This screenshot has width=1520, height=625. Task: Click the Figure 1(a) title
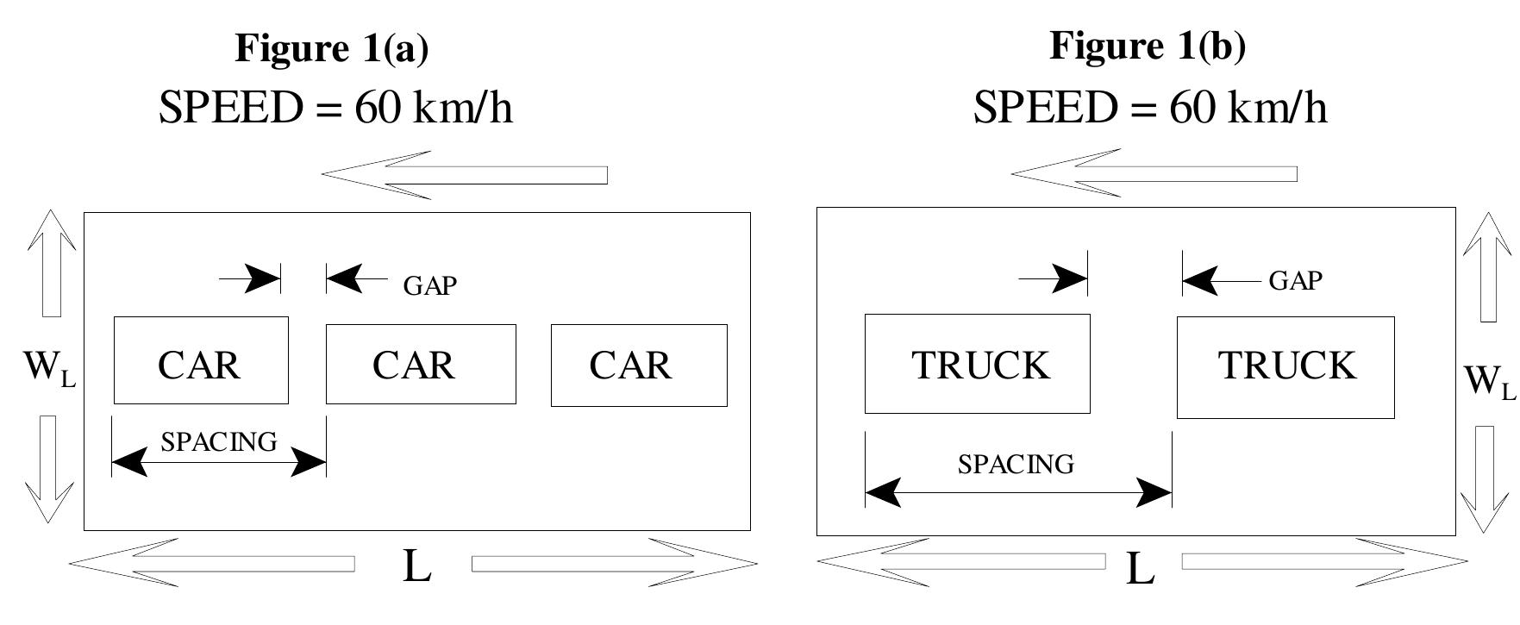pos(331,48)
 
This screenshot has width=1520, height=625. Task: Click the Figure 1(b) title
pos(1147,45)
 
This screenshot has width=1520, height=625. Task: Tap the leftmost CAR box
pos(201,360)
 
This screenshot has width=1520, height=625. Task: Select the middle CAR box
pos(421,364)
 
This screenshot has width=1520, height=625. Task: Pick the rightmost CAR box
pos(639,365)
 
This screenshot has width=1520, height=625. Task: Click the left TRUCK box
pos(978,364)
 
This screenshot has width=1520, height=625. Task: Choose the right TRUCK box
pos(1285,367)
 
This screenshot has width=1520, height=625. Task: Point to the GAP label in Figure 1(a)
pos(429,286)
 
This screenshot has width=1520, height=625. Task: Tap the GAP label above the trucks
pos(1295,281)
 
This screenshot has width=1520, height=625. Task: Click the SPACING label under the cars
pos(219,441)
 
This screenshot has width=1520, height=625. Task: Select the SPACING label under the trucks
pos(1016,465)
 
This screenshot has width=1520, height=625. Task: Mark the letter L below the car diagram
pos(416,566)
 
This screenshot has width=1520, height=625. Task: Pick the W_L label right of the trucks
pos(1488,380)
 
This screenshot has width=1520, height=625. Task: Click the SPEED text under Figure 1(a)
pos(335,109)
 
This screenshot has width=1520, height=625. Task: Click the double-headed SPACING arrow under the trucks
pos(1018,493)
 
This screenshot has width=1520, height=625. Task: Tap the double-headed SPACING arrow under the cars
pos(219,463)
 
